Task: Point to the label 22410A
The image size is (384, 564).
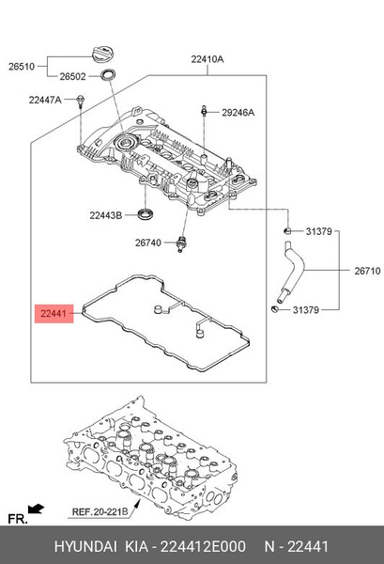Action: (208, 58)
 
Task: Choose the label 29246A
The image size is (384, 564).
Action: (238, 112)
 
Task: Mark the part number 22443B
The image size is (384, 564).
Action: (105, 215)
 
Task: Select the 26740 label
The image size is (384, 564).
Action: (148, 243)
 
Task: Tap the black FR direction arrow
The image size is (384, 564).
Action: (37, 509)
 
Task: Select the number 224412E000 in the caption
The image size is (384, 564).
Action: (205, 546)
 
